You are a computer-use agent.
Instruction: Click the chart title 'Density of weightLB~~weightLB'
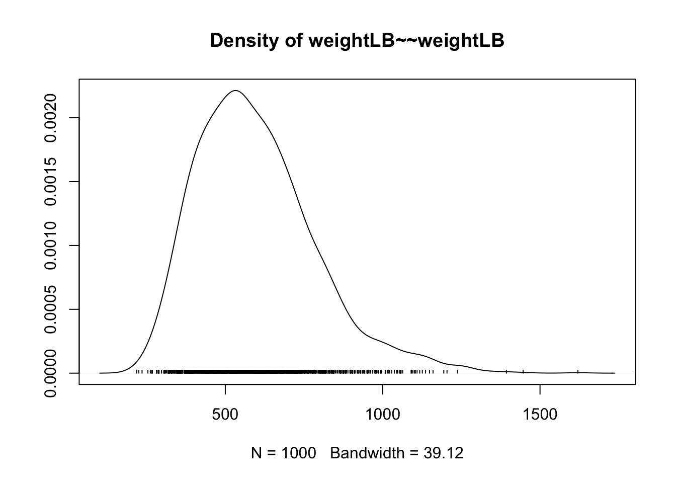tap(357, 41)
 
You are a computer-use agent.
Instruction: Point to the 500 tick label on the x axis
tap(225, 415)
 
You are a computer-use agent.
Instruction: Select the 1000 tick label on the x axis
tap(382, 415)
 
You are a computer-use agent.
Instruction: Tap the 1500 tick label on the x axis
tap(540, 415)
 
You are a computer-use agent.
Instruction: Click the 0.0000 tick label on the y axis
tap(51, 373)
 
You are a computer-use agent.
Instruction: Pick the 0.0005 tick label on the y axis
tap(51, 309)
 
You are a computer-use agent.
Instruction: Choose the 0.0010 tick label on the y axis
tap(51, 246)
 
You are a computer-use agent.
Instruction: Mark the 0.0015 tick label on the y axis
tap(51, 182)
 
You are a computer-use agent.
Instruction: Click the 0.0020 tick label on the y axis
tap(51, 118)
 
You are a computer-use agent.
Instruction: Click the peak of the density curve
tap(235, 91)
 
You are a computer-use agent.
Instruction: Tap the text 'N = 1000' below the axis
tap(284, 453)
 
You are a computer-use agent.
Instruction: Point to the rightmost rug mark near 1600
tap(578, 372)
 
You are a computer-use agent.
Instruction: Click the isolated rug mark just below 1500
tap(524, 372)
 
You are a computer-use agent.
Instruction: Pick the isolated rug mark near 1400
tap(506, 372)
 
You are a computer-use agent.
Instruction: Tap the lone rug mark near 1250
tap(457, 372)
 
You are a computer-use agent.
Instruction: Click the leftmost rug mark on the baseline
tap(137, 372)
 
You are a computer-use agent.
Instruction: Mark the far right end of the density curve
tap(614, 373)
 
